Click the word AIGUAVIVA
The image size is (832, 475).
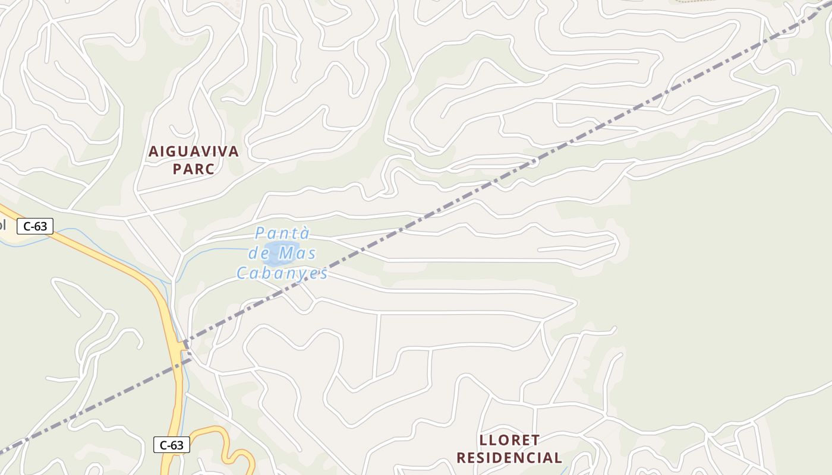(193, 151)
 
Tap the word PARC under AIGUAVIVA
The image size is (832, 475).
(193, 169)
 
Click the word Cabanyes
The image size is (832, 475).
(282, 273)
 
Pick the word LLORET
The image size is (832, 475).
(509, 440)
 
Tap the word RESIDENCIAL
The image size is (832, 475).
(509, 458)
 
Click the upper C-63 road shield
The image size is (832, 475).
(35, 226)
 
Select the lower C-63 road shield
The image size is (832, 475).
(172, 445)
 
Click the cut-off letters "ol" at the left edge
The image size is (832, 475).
(3, 226)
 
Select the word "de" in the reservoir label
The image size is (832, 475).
(259, 254)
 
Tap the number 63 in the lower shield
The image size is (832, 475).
(177, 445)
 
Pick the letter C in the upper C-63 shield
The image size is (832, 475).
(27, 226)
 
